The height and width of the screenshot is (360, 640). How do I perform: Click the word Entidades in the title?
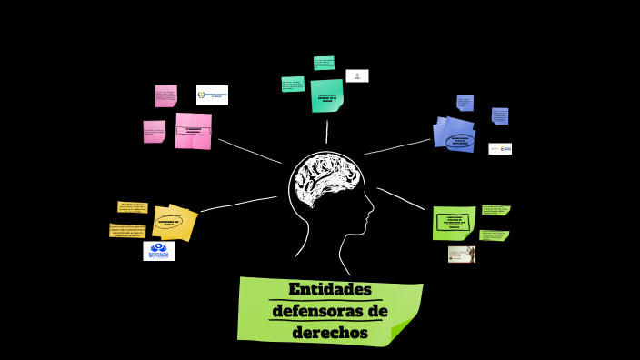[x=330, y=290]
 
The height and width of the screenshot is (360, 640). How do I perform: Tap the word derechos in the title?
[x=330, y=333]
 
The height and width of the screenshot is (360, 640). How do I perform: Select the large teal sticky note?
[x=326, y=95]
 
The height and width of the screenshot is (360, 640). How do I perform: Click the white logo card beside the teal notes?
[x=357, y=75]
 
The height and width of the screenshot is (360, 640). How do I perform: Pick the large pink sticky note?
[x=193, y=131]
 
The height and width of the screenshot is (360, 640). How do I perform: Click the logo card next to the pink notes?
[x=212, y=95]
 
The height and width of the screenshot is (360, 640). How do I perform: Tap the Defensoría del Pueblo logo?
[x=158, y=251]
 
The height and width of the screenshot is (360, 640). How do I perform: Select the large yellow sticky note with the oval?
[x=174, y=223]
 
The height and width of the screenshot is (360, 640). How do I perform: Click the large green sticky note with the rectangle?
[x=454, y=222]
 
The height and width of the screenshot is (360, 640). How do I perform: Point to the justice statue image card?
[x=461, y=255]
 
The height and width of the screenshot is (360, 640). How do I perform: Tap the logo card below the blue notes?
[x=500, y=148]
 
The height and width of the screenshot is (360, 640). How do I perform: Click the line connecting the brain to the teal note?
[x=326, y=132]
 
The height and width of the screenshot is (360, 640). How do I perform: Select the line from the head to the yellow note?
[x=238, y=204]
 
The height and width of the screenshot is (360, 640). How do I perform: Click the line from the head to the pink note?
[x=249, y=151]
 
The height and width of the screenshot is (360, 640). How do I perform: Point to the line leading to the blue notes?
[x=397, y=146]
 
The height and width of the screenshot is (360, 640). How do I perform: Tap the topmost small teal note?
[x=324, y=63]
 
